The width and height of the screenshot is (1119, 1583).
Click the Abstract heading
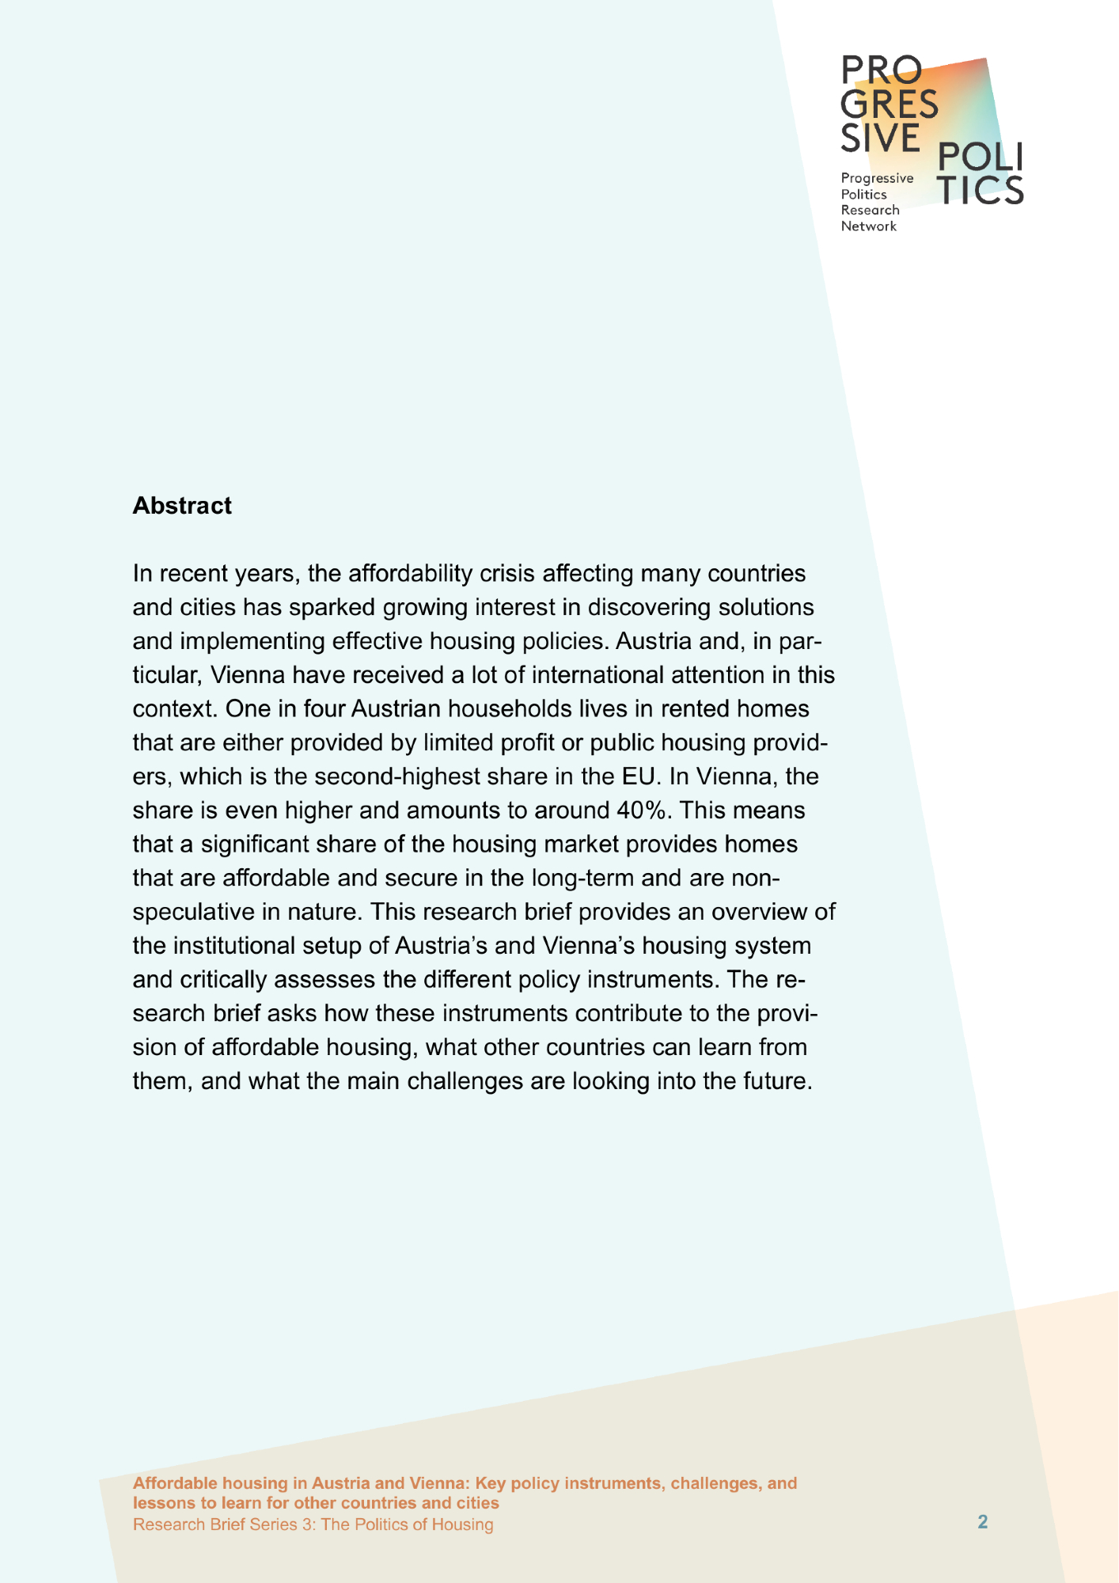(182, 506)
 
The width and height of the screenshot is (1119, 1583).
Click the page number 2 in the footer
(983, 1522)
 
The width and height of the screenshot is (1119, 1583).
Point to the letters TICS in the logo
(981, 190)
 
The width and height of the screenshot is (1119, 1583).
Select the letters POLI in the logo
(980, 158)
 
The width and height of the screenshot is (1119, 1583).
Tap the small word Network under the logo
(868, 226)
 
